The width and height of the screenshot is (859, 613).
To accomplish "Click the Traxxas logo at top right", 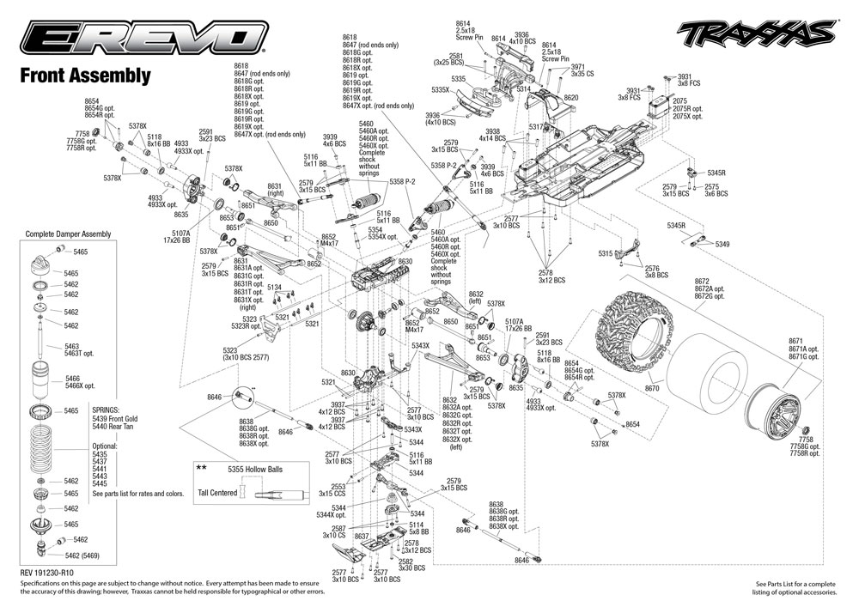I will pos(755,34).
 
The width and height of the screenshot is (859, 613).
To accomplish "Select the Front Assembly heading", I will pos(85,76).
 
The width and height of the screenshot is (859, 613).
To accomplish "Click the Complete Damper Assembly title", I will pos(68,234).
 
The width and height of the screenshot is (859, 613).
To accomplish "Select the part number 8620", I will pos(571,98).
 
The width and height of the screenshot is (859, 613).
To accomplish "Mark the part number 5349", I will pos(722,245).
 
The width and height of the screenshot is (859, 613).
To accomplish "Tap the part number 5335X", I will pos(441,89).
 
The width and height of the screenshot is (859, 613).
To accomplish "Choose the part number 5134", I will pos(275,287).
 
